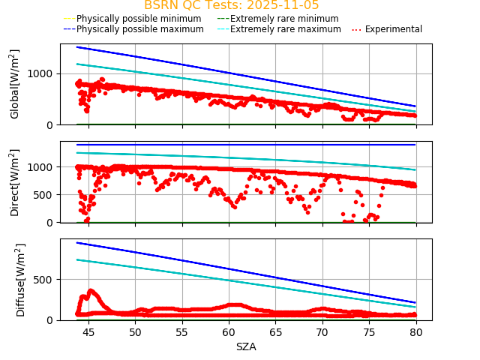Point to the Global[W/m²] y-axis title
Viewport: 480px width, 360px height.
(15, 84)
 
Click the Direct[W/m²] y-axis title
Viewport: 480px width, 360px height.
(15, 182)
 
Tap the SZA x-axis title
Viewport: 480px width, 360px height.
(246, 346)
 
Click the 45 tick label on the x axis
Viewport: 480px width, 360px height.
(88, 332)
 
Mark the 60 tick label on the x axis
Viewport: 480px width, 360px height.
(229, 332)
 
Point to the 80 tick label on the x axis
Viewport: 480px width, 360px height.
(415, 332)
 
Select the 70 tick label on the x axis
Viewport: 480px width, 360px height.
(322, 332)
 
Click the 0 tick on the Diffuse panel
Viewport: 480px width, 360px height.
(52, 320)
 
